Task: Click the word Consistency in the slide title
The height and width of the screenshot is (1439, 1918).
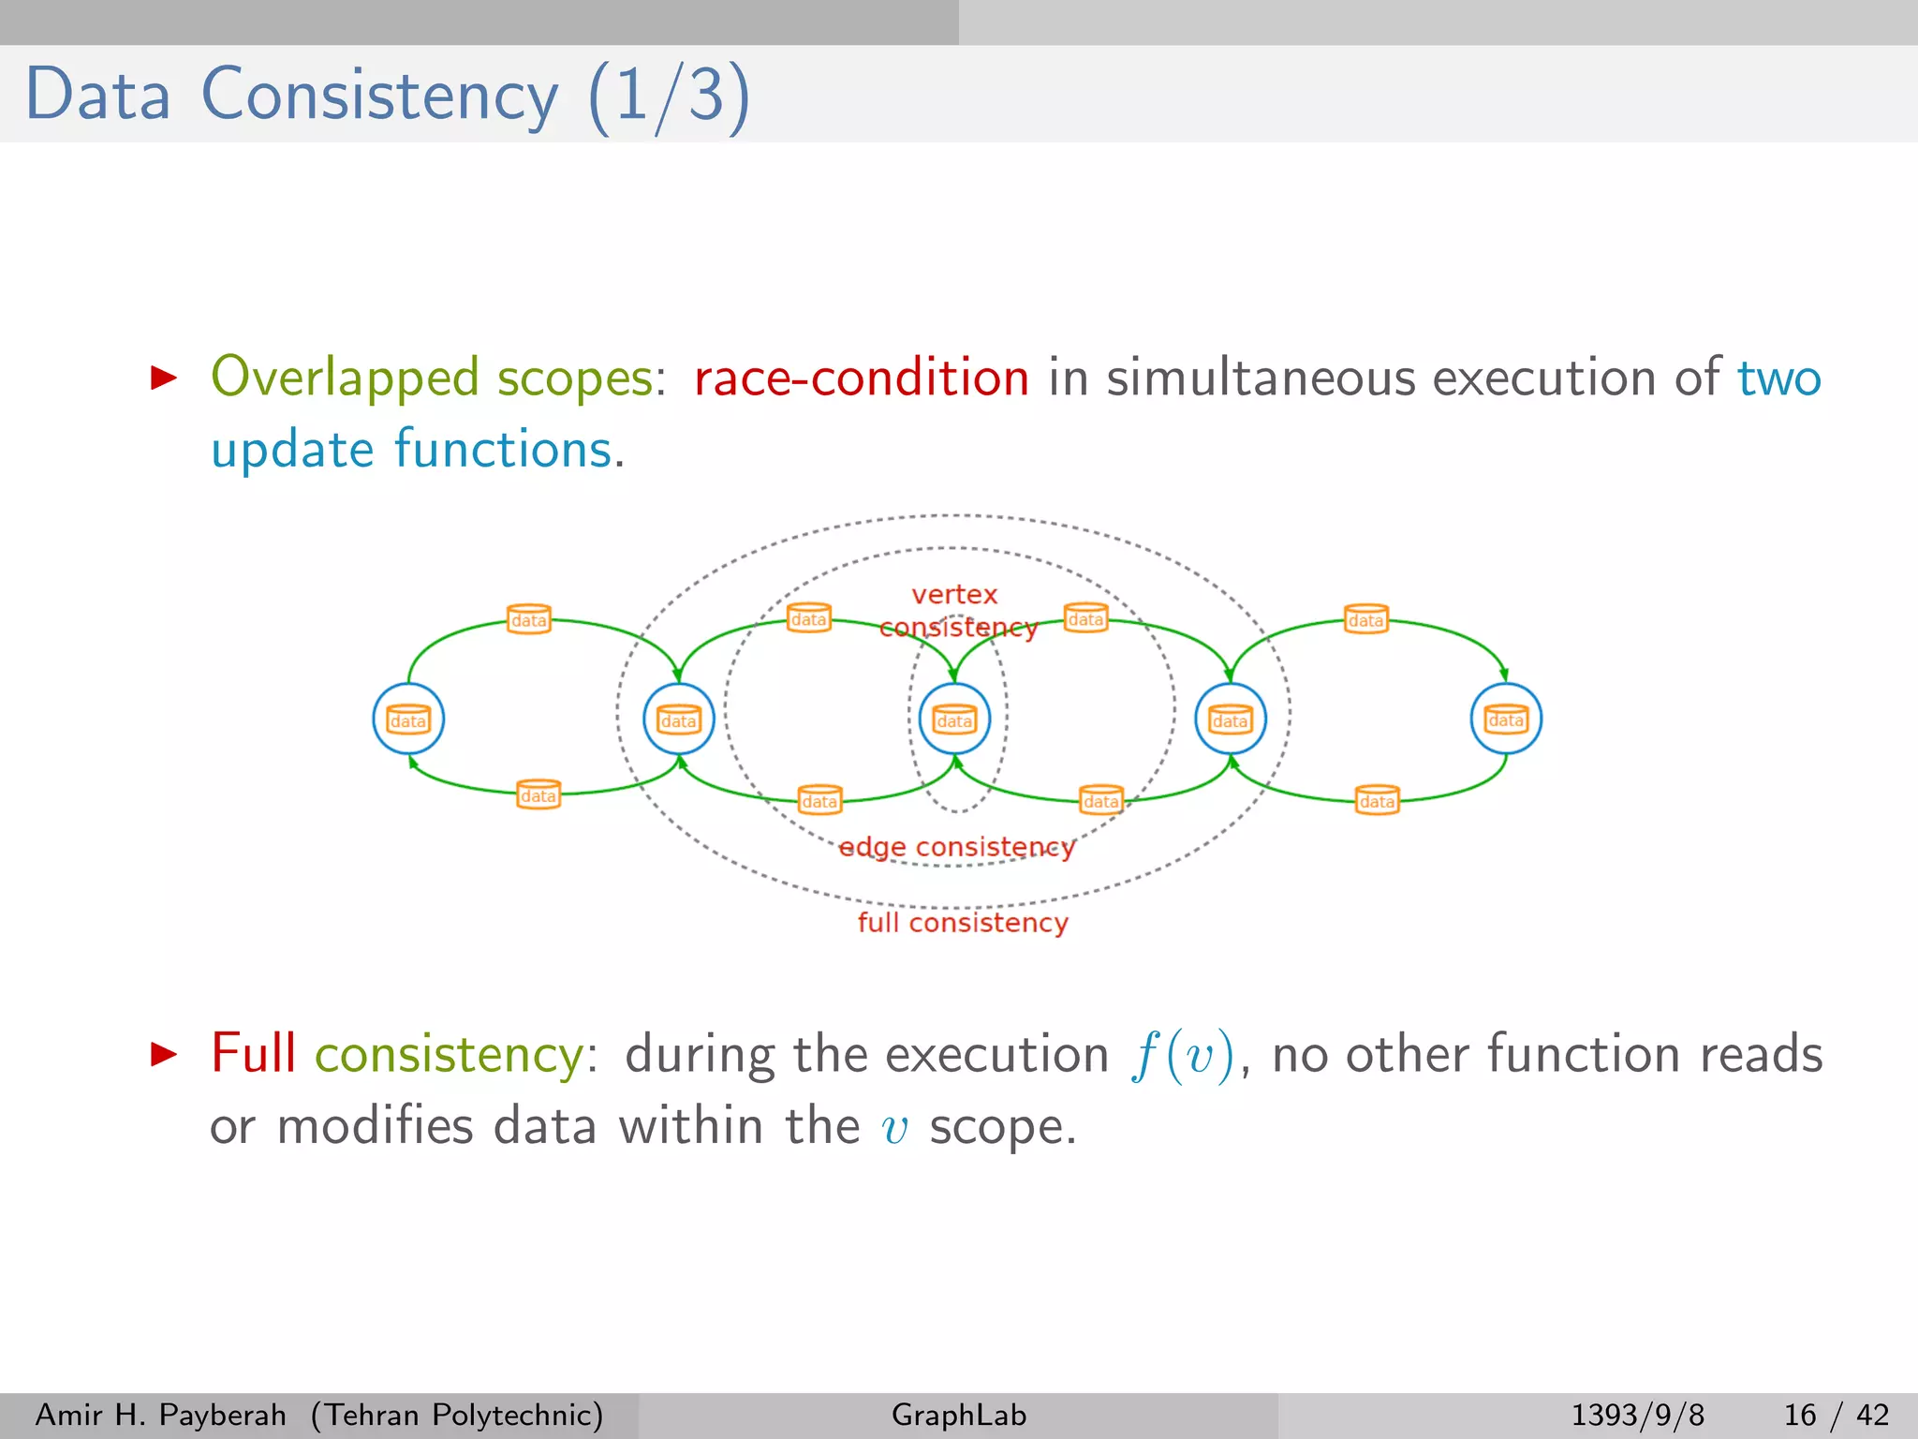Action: tap(379, 96)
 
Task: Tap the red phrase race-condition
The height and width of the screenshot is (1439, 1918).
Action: tap(861, 378)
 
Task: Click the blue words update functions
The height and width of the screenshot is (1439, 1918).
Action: tap(412, 450)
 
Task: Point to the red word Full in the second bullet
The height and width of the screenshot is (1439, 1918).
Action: tap(253, 1053)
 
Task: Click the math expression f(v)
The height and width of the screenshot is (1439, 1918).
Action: tap(1182, 1056)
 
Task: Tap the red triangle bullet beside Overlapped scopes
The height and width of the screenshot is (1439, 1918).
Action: tap(164, 378)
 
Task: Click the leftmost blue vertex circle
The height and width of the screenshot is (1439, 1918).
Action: tap(408, 719)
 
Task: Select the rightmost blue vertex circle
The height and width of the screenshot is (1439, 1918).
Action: tap(1506, 719)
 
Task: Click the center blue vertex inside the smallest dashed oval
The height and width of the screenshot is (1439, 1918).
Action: tap(954, 719)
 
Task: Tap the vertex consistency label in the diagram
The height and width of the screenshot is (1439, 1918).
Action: tap(957, 610)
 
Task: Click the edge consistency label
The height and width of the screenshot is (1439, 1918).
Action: tap(956, 847)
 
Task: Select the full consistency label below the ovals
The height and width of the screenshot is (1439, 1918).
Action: tap(963, 923)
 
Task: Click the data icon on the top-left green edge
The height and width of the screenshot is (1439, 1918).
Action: tap(528, 619)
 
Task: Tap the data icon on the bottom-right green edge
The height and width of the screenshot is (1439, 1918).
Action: tap(1377, 800)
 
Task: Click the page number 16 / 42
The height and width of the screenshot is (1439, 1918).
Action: tap(1836, 1415)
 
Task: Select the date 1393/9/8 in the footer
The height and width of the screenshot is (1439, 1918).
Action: tap(1637, 1415)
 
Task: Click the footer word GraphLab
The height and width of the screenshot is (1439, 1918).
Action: tap(959, 1415)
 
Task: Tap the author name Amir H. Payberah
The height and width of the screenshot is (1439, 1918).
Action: tap(160, 1415)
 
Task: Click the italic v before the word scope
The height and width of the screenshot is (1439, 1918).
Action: tap(895, 1128)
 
